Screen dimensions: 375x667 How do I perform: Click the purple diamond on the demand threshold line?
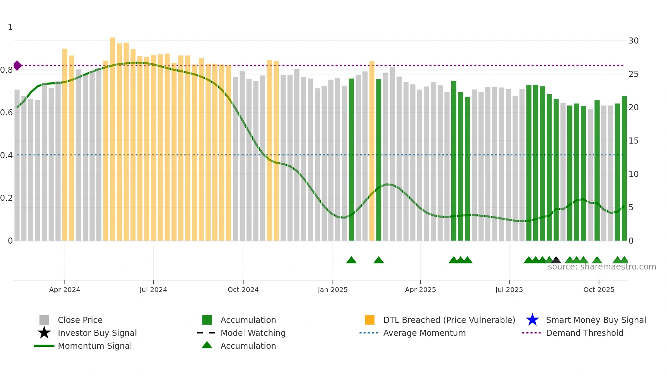[17, 65]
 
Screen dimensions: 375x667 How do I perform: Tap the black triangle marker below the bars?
[556, 260]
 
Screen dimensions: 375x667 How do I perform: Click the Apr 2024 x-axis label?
[65, 290]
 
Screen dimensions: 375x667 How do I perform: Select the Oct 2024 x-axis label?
[243, 290]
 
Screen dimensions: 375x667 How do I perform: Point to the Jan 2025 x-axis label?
[332, 290]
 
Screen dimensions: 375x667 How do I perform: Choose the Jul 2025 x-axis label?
[509, 290]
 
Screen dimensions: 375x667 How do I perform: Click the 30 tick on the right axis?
[633, 41]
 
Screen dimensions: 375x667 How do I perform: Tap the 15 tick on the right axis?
[633, 141]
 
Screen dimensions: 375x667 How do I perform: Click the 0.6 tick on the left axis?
[6, 113]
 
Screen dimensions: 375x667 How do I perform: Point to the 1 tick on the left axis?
[10, 27]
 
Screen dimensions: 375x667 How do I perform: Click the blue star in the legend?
[532, 320]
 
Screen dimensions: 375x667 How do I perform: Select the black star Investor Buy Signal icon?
[44, 333]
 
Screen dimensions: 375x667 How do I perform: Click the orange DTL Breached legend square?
[370, 320]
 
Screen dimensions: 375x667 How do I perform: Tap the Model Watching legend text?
[253, 333]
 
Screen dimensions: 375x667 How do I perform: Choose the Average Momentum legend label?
[424, 333]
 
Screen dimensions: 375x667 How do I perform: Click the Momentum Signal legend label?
[95, 346]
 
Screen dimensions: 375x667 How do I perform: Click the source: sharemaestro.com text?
[602, 267]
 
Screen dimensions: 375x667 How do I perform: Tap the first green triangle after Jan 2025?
[351, 260]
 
